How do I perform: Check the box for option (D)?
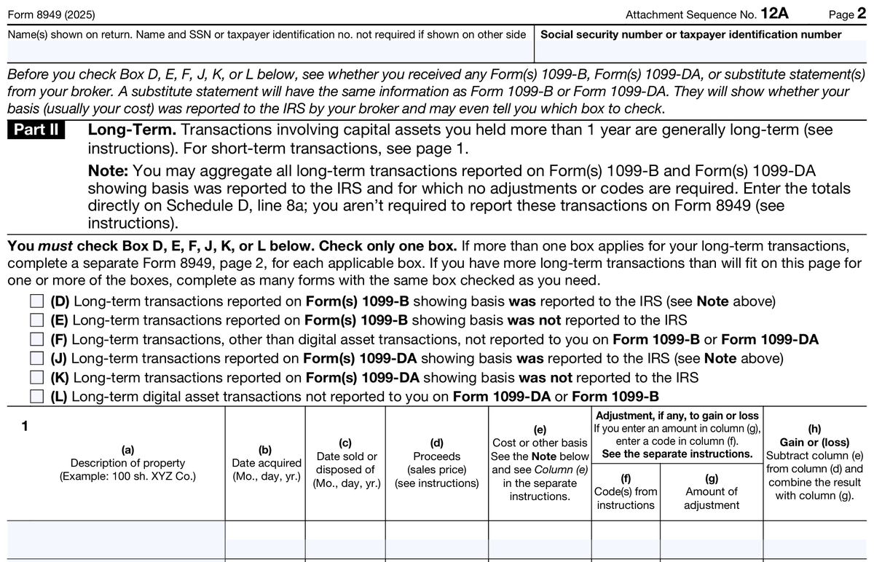[x=37, y=301]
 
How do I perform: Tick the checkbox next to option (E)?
[x=37, y=320]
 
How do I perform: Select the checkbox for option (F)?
[x=37, y=339]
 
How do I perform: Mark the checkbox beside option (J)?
[x=37, y=358]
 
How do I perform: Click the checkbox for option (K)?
[x=37, y=377]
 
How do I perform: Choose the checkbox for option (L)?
[x=37, y=396]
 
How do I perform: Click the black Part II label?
[x=36, y=131]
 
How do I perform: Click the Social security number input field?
[x=702, y=52]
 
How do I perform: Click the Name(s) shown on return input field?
[x=269, y=52]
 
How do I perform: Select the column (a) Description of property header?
[x=127, y=463]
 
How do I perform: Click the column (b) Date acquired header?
[x=266, y=463]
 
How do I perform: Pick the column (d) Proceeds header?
[x=436, y=463]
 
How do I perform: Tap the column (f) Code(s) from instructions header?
[x=626, y=491]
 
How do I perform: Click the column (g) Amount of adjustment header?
[x=711, y=491]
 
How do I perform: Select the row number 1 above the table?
[x=25, y=427]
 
